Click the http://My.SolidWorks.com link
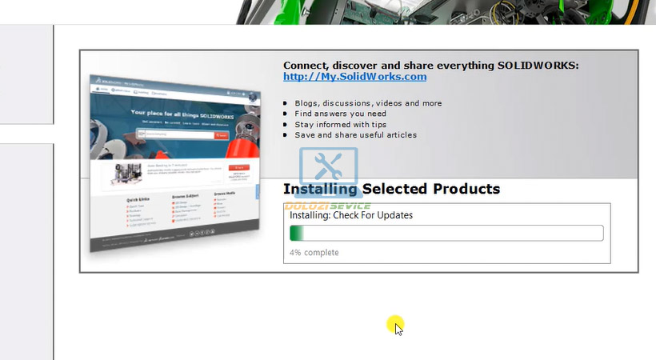tap(354, 77)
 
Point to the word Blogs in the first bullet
tap(306, 103)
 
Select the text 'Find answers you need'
tap(340, 114)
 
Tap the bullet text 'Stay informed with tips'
tap(340, 125)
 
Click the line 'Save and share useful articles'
tap(355, 135)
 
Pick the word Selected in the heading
tap(395, 190)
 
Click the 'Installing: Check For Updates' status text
tap(351, 215)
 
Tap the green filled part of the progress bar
tap(296, 234)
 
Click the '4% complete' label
tap(314, 253)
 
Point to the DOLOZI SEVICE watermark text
tap(327, 206)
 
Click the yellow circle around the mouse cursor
tap(395, 325)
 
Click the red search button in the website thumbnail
tap(222, 135)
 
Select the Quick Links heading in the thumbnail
tap(138, 199)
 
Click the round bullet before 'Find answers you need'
tap(286, 114)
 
